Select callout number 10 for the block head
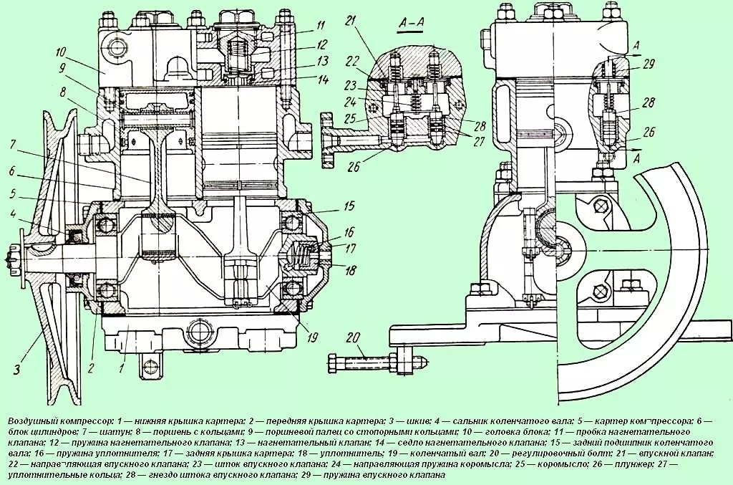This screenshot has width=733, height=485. click(x=61, y=52)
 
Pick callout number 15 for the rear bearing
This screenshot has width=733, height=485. click(x=349, y=206)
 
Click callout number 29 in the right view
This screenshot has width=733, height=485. click(x=649, y=64)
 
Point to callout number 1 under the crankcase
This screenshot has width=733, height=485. click(x=122, y=369)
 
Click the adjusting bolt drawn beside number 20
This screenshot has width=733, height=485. click(x=372, y=357)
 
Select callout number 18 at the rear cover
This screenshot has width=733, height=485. click(x=351, y=270)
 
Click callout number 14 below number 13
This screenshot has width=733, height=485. click(x=323, y=79)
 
